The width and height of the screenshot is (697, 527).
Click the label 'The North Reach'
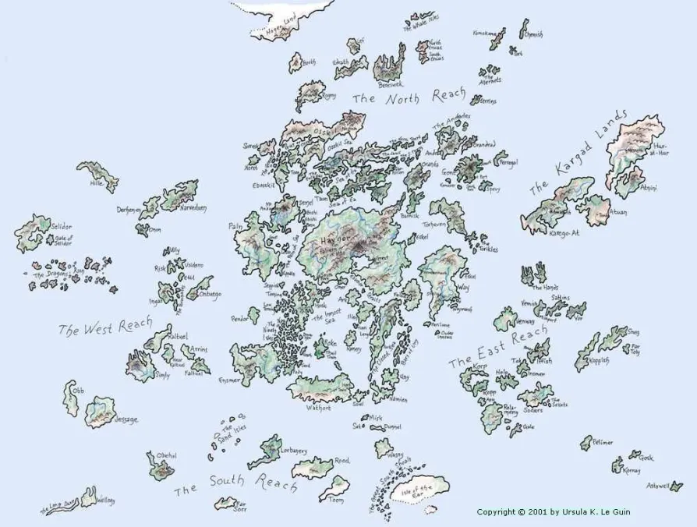pyautogui.click(x=408, y=97)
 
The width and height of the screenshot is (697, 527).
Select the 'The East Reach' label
pyautogui.click(x=497, y=348)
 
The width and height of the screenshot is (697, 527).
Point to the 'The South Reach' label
pyautogui.click(x=235, y=484)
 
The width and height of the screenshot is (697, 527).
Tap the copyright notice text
pyautogui.click(x=554, y=512)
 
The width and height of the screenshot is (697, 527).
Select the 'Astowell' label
pyautogui.click(x=658, y=486)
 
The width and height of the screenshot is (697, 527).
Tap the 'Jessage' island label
pyautogui.click(x=126, y=419)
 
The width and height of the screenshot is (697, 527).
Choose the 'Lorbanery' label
pyautogui.click(x=292, y=451)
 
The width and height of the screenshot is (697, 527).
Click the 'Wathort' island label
pyautogui.click(x=319, y=406)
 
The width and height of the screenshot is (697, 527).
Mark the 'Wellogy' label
pyautogui.click(x=105, y=500)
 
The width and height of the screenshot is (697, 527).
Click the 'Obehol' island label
pyautogui.click(x=166, y=455)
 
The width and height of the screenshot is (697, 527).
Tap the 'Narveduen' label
pyautogui.click(x=193, y=208)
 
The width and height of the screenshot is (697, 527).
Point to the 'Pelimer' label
pyautogui.click(x=602, y=443)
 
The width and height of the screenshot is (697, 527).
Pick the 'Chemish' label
pyautogui.click(x=533, y=34)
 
